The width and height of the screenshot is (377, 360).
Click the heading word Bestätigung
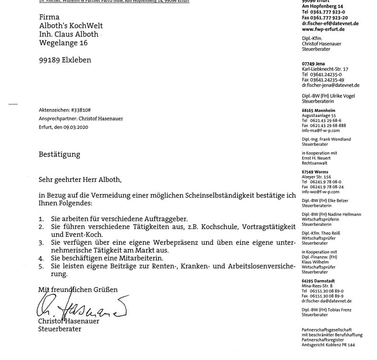pyautogui.click(x=60, y=154)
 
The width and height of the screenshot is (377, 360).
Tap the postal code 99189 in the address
pyautogui.click(x=50, y=60)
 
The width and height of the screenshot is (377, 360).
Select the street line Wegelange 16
pyautogui.click(x=63, y=43)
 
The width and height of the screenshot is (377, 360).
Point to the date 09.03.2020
pyautogui.click(x=76, y=127)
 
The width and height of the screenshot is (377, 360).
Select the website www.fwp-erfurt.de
pyautogui.click(x=323, y=29)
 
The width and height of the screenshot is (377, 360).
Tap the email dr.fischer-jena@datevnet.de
pyautogui.click(x=330, y=85)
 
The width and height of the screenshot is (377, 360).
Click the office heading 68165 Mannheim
pyautogui.click(x=318, y=110)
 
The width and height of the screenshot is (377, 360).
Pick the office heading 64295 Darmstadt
pyautogui.click(x=319, y=280)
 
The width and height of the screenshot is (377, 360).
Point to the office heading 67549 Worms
pyautogui.click(x=315, y=171)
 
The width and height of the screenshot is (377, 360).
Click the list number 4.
pyautogui.click(x=41, y=257)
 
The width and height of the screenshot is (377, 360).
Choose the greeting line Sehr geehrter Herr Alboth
pyautogui.click(x=80, y=180)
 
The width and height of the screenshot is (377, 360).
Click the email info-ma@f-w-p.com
pyautogui.click(x=321, y=130)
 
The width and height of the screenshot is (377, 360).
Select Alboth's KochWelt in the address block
pyautogui.click(x=71, y=26)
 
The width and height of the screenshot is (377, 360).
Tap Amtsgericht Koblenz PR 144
pyautogui.click(x=328, y=344)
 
